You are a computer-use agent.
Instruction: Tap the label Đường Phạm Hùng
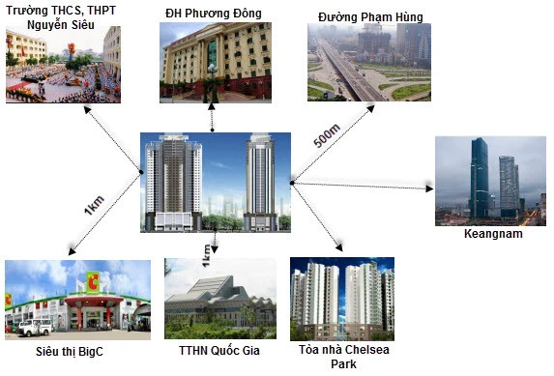(x=369, y=16)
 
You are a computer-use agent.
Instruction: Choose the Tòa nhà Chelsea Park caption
(x=343, y=356)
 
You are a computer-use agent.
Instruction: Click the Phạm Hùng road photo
(x=369, y=62)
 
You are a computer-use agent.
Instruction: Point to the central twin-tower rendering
(x=216, y=182)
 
